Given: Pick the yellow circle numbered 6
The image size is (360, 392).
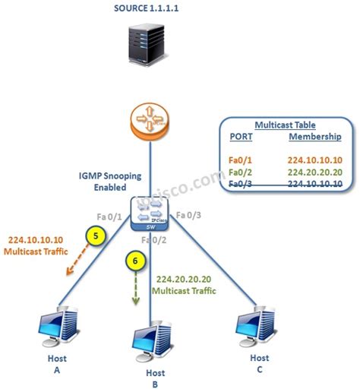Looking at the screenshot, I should [x=134, y=261].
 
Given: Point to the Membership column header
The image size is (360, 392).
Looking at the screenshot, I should [x=315, y=138].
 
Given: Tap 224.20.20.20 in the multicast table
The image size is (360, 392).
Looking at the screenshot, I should [x=315, y=172].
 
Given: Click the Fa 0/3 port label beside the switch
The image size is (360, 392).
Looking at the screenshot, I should [x=189, y=215].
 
